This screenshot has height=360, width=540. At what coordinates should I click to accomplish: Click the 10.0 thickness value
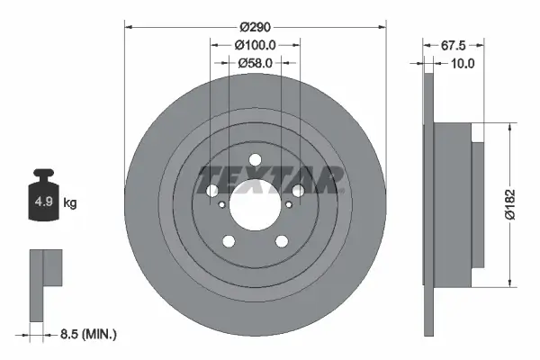462,63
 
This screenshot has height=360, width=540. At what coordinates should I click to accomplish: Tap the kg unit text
70,203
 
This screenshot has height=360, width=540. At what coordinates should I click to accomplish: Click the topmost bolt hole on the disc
255,160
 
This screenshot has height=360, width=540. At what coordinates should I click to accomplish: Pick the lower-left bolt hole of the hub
228,240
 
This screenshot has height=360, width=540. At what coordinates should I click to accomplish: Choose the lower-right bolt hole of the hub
282,240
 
